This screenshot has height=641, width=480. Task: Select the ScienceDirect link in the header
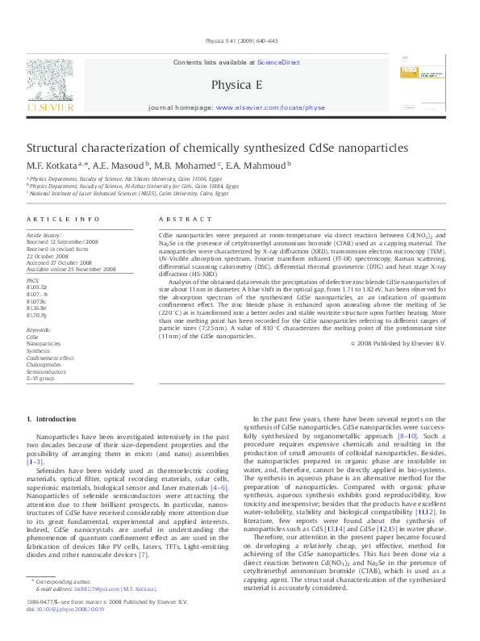[x=279, y=62]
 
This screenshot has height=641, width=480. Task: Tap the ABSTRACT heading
[x=179, y=219]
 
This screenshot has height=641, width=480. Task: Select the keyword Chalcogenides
[x=44, y=364]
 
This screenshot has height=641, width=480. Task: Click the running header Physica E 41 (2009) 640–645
[x=240, y=40]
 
